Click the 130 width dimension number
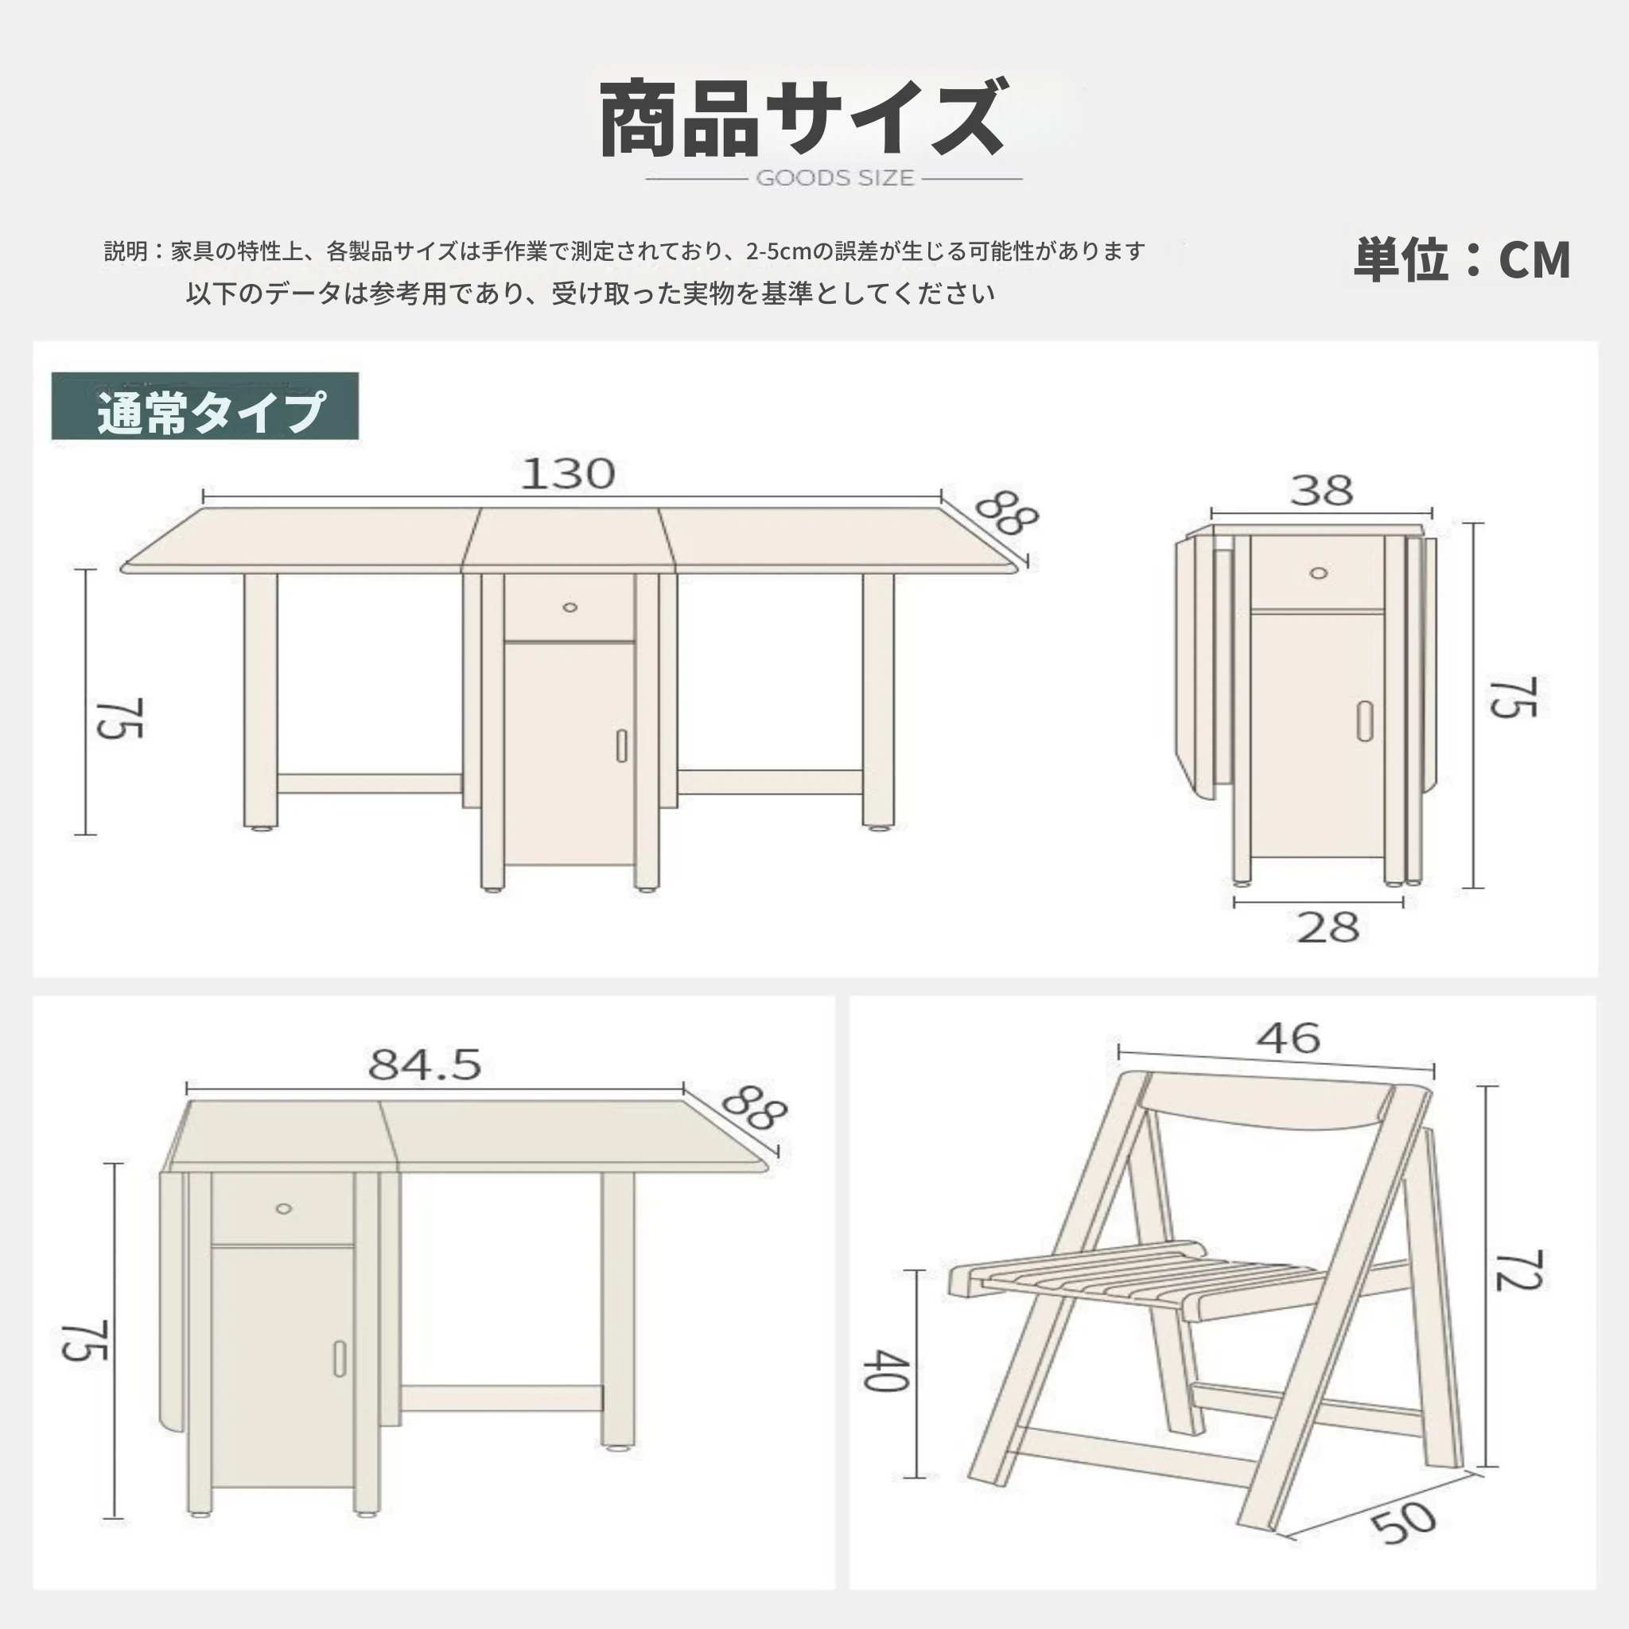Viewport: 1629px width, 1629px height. coord(567,474)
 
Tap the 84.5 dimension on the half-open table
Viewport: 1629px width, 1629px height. coord(424,1064)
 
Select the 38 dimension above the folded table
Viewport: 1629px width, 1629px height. coord(1321,490)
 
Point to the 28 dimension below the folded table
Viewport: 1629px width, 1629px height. coord(1328,927)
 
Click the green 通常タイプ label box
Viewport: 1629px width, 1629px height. coord(205,406)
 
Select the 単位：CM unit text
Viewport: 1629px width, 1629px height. coord(1462,259)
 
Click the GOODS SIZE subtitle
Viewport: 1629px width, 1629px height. coord(834,178)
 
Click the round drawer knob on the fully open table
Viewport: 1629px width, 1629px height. coord(570,607)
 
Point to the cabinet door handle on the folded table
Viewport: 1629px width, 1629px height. coord(1364,721)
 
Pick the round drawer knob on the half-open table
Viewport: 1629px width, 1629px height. coord(284,1208)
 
